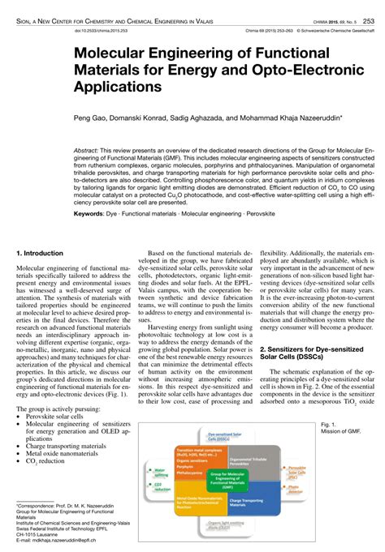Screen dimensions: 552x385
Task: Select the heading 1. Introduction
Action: [41, 254]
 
